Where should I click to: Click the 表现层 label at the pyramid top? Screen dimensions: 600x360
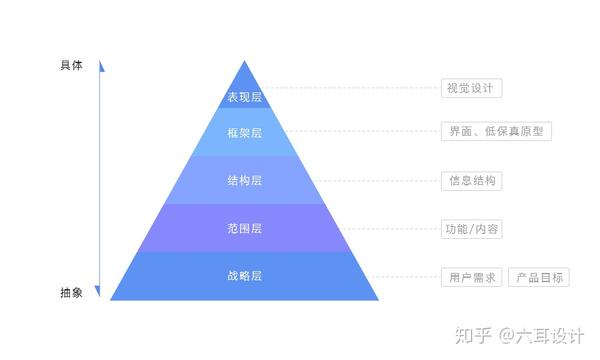pos(244,98)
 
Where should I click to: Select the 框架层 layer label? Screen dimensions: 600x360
pos(244,132)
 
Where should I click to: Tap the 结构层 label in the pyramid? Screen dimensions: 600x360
pos(244,181)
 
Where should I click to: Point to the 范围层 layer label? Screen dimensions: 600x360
pos(244,229)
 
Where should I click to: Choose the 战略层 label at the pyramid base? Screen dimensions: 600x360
pos(244,276)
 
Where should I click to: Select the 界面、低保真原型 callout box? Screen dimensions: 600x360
pos(497,132)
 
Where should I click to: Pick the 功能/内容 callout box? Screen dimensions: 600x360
pos(472,229)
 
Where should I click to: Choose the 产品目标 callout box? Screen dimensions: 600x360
pos(539,277)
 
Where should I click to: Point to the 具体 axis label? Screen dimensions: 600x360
pos(71,65)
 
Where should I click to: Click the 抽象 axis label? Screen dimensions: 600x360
pos(71,293)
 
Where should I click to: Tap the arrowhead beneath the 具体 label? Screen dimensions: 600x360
pos(101,68)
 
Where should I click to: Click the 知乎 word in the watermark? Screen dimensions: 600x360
pos(473,334)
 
